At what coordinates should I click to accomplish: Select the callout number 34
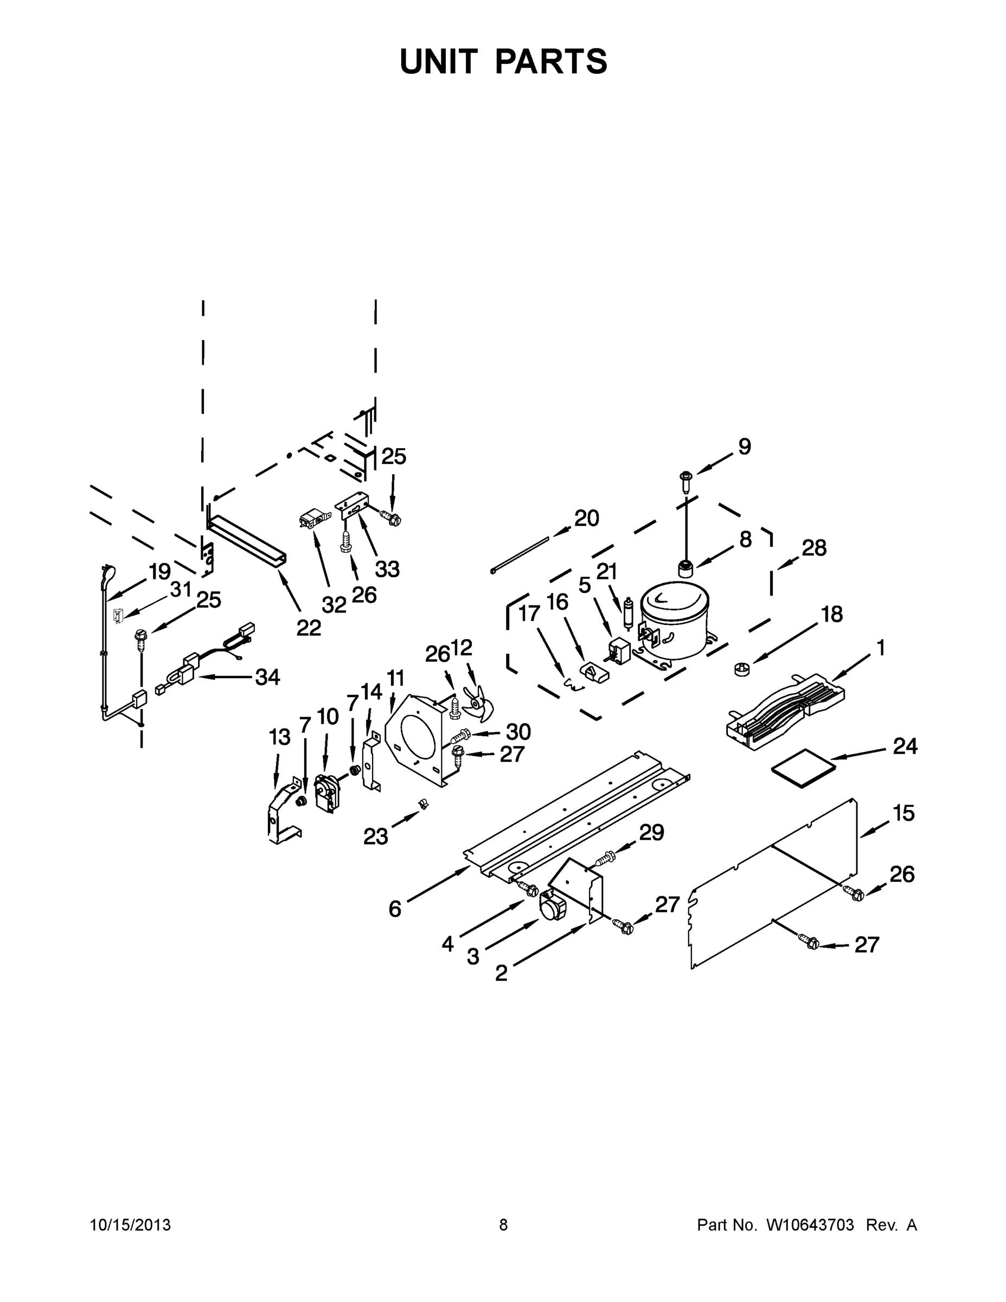[x=267, y=677]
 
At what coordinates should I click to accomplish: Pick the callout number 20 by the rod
[x=586, y=518]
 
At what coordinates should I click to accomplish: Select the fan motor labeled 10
[x=326, y=792]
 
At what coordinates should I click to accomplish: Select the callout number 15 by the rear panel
[x=904, y=813]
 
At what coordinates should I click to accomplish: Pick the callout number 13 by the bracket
[x=279, y=737]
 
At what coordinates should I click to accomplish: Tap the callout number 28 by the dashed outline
[x=813, y=547]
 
